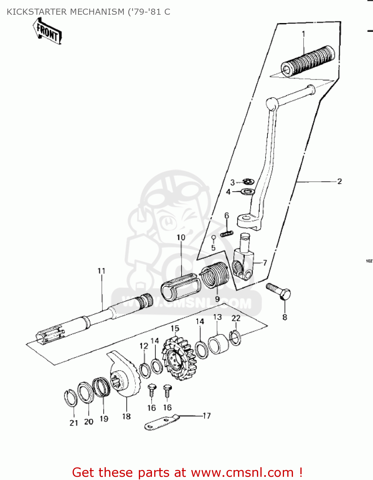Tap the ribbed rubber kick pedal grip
308,61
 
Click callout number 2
339,181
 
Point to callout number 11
101,271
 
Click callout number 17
207,416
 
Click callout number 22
236,318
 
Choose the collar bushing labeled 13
219,344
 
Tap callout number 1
303,34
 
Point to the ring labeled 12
145,371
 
